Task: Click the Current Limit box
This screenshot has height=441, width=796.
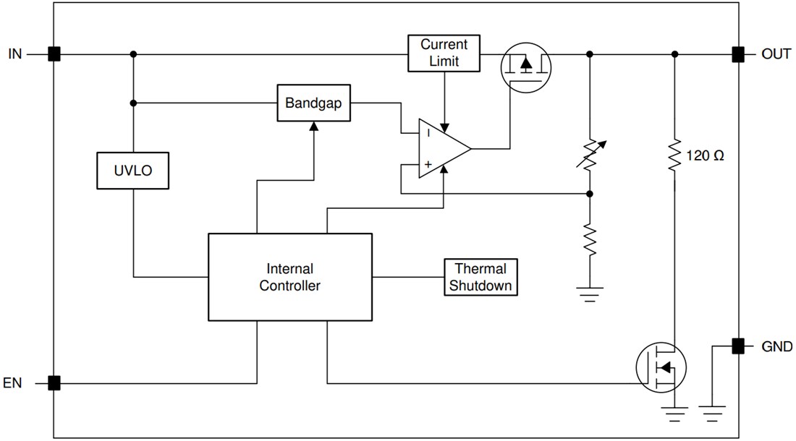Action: [444, 53]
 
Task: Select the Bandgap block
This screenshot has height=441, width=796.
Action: [313, 103]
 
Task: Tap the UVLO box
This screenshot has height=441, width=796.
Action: [133, 171]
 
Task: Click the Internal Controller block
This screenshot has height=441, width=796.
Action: [289, 277]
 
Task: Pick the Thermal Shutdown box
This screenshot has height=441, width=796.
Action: [480, 277]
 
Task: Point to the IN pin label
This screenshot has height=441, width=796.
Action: [15, 54]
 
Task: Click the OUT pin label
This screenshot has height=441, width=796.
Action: [776, 54]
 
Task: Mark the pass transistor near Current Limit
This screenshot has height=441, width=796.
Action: [526, 66]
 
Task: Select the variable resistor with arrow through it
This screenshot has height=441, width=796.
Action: [590, 153]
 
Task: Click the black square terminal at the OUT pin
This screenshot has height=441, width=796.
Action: [737, 54]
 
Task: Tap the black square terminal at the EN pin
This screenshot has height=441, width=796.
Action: [54, 383]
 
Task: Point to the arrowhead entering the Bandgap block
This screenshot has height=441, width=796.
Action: [313, 126]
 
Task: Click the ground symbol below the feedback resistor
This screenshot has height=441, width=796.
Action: [590, 293]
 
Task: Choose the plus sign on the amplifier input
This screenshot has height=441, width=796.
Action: [428, 165]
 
